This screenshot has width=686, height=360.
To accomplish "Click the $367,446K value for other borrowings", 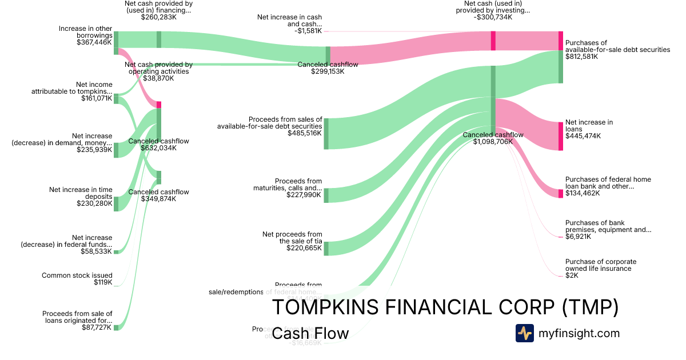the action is [x=94, y=42].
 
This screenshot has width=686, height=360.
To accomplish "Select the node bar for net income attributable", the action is [x=116, y=99].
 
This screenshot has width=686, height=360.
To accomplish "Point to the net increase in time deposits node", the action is [x=116, y=203].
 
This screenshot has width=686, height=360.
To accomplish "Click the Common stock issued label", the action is [x=77, y=275].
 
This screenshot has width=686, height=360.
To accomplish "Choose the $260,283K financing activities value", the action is [x=158, y=17].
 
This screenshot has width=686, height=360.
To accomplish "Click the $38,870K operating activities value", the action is [x=158, y=78].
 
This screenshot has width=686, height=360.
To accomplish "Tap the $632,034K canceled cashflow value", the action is [x=158, y=148].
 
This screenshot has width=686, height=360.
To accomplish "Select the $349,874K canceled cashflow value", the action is [x=158, y=199].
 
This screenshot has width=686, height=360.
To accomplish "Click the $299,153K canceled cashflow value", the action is [x=328, y=71].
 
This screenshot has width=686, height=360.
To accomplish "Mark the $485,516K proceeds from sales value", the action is [x=305, y=133].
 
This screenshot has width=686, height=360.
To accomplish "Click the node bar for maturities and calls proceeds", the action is [x=326, y=195].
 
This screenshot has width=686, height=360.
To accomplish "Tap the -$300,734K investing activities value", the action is [x=493, y=17].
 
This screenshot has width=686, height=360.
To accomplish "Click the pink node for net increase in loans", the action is [x=561, y=136].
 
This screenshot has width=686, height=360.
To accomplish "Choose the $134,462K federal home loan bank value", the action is [x=583, y=193].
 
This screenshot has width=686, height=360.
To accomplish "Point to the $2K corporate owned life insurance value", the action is [x=572, y=275].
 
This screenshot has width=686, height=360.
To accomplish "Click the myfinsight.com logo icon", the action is [x=524, y=333].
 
